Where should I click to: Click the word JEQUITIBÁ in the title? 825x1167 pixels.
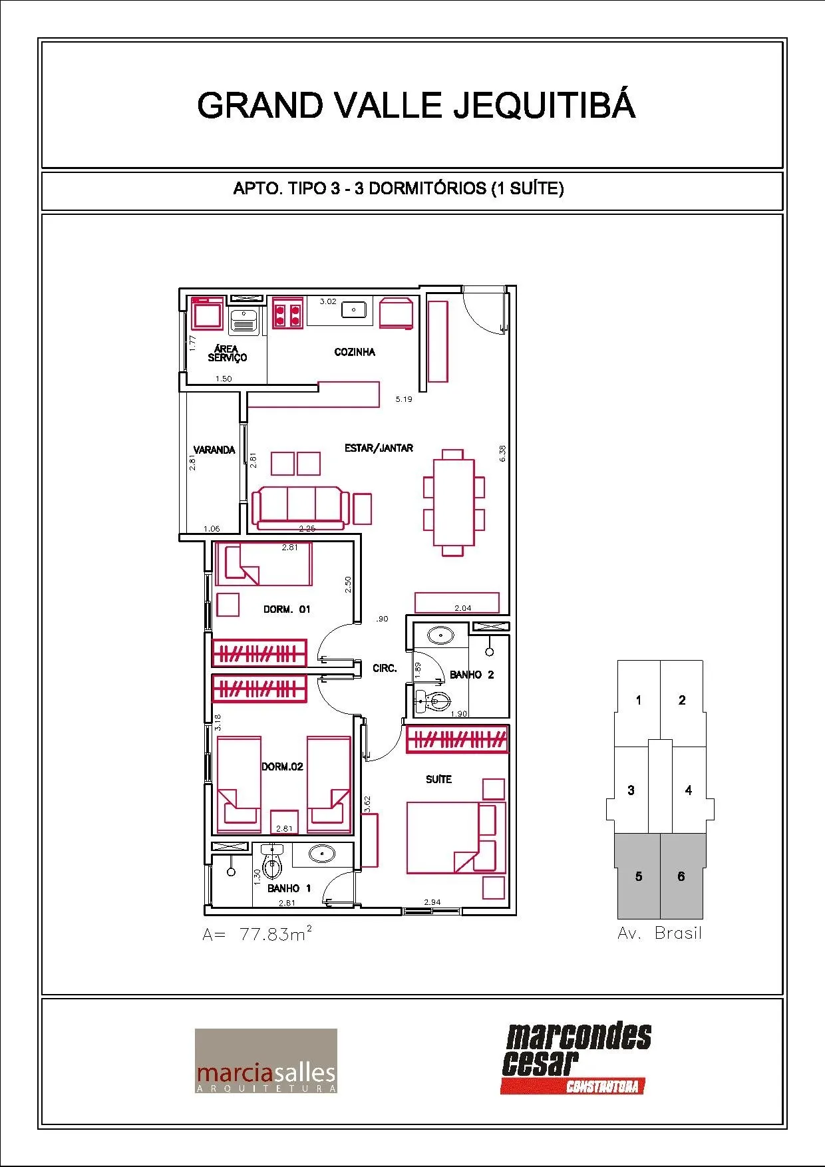(545, 105)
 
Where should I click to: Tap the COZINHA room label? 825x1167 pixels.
(355, 352)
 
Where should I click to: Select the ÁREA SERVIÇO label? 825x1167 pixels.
(227, 353)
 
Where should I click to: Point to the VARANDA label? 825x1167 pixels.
(214, 450)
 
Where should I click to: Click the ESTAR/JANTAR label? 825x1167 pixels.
(379, 448)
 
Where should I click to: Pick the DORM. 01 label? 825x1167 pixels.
(287, 609)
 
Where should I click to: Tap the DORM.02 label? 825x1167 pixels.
(282, 766)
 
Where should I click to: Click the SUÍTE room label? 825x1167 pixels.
(438, 779)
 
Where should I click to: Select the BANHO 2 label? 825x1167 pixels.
(472, 675)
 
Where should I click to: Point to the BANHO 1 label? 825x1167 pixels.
(289, 888)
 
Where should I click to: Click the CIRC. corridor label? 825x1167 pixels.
(385, 668)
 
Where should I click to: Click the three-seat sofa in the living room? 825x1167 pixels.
(300, 508)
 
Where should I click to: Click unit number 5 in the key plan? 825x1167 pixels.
(639, 876)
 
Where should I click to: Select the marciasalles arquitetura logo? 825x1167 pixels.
(265, 1061)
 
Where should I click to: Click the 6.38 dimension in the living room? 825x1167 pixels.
(503, 453)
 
